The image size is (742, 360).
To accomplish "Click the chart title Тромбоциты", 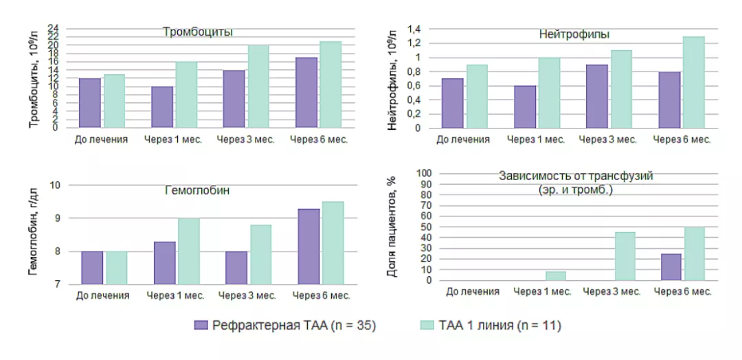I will pyautogui.click(x=197, y=32).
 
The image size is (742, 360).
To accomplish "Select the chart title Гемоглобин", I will pyautogui.click(x=196, y=190).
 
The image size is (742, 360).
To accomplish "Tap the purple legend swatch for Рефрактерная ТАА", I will pyautogui.click(x=201, y=325).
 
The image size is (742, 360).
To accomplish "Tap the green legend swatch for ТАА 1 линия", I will pyautogui.click(x=426, y=325).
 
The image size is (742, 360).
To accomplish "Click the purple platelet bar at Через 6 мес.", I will pyautogui.click(x=306, y=92).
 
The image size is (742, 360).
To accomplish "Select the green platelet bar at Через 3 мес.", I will pyautogui.click(x=258, y=86).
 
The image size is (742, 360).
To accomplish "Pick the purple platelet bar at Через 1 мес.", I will pyautogui.click(x=161, y=106).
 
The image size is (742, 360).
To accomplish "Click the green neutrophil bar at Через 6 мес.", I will pyautogui.click(x=694, y=82).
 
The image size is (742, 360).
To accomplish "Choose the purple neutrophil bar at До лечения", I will pyautogui.click(x=452, y=103).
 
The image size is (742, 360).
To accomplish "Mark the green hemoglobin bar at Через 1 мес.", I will pyautogui.click(x=189, y=251).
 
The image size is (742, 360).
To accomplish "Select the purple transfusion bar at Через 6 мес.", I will pyautogui.click(x=671, y=267).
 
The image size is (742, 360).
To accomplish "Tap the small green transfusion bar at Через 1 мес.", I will pyautogui.click(x=556, y=275).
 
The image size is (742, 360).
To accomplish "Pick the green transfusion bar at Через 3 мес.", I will pyautogui.click(x=625, y=256).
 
